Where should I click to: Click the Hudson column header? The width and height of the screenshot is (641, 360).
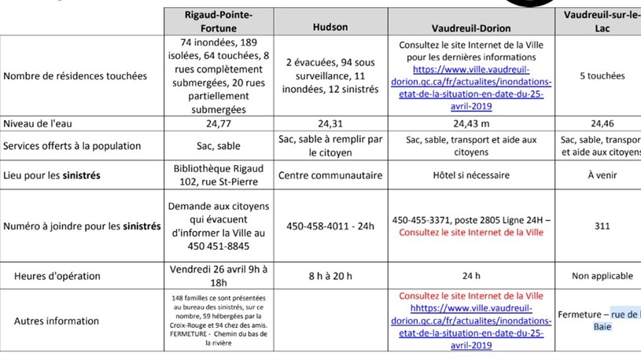(330, 26)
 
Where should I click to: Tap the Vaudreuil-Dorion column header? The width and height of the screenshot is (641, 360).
(470, 26)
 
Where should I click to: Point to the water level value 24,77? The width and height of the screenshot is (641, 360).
(218, 124)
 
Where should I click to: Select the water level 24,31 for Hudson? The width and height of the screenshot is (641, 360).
(330, 124)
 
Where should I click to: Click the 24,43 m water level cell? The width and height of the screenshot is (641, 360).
(470, 124)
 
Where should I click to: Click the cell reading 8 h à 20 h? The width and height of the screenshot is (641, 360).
(330, 276)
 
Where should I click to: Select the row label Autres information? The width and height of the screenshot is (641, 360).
(52, 321)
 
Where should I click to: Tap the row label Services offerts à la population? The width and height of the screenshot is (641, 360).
(72, 146)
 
